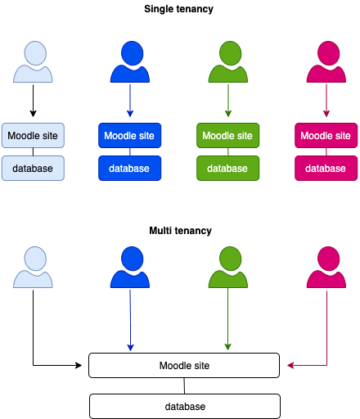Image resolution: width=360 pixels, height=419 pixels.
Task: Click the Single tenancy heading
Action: pyautogui.click(x=178, y=9)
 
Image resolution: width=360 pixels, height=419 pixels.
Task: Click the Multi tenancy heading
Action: pyautogui.click(x=180, y=231)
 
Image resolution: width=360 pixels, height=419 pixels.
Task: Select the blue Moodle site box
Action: pyautogui.click(x=130, y=136)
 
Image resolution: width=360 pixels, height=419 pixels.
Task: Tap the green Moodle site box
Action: pyautogui.click(x=228, y=136)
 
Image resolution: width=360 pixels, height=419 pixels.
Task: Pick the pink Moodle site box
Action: pyautogui.click(x=326, y=136)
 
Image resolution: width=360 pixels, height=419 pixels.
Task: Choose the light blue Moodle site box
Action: pyautogui.click(x=33, y=136)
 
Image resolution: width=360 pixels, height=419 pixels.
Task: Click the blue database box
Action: pyautogui.click(x=130, y=168)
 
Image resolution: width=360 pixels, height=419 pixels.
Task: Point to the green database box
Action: pyautogui.click(x=228, y=168)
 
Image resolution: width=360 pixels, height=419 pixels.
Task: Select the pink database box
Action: pyautogui.click(x=326, y=168)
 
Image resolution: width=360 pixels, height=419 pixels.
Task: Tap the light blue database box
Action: pyautogui.click(x=33, y=168)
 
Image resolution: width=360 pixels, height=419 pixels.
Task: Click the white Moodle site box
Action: pyautogui.click(x=184, y=366)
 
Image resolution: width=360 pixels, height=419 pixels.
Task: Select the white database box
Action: pyautogui.click(x=185, y=407)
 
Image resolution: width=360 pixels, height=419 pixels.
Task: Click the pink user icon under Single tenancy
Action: pyautogui.click(x=326, y=62)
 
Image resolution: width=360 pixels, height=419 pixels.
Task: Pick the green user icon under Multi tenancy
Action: pyautogui.click(x=228, y=268)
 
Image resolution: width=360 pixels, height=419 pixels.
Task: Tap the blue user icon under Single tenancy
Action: pyautogui.click(x=130, y=62)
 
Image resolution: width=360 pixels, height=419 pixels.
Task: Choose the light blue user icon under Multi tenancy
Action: pyautogui.click(x=33, y=268)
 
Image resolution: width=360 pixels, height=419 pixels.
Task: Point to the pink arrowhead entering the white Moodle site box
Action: pyautogui.click(x=290, y=365)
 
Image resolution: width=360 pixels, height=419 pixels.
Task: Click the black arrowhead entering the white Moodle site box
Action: pyautogui.click(x=79, y=365)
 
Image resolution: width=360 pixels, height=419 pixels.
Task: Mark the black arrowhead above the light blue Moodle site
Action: pyautogui.click(x=33, y=114)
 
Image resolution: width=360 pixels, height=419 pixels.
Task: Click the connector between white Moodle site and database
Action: pyautogui.click(x=184, y=386)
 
